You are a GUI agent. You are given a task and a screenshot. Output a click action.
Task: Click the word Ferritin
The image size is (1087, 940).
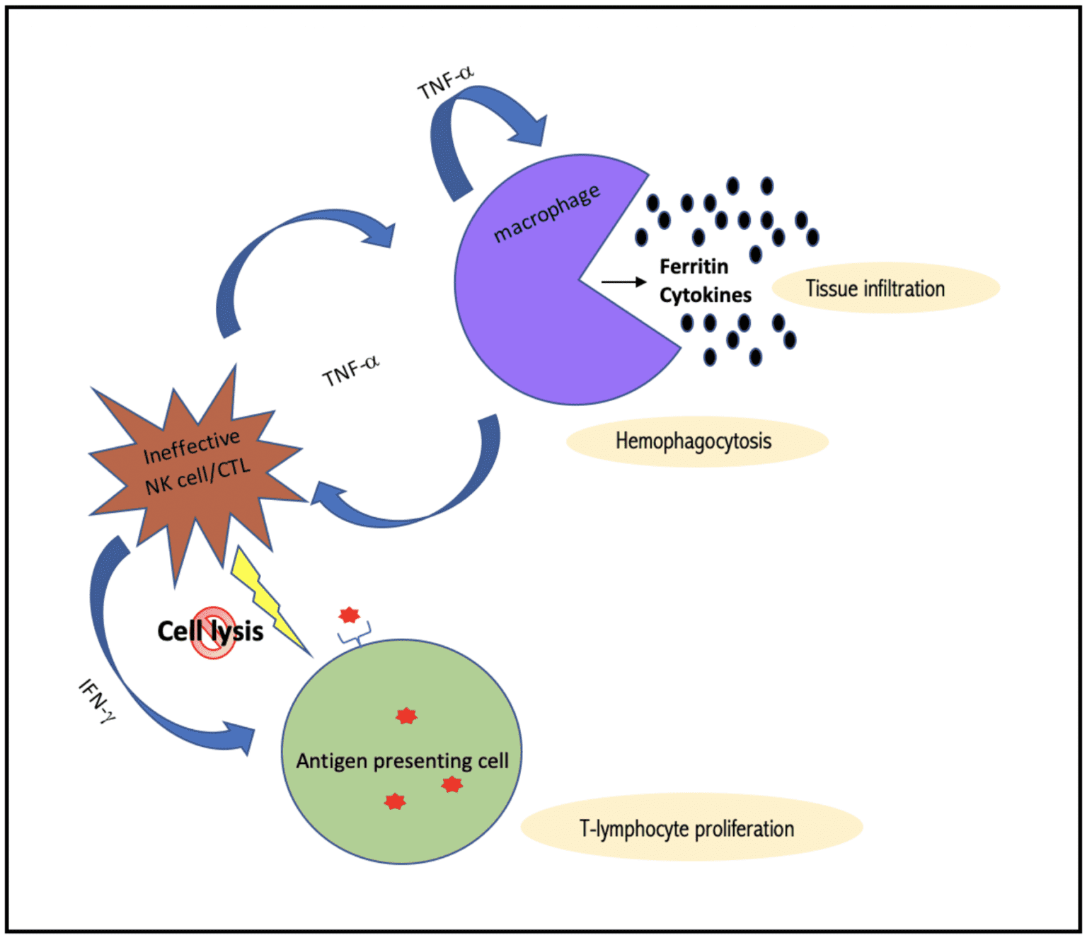click(x=694, y=267)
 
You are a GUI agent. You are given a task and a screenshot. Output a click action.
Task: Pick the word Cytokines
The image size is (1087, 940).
click(x=705, y=295)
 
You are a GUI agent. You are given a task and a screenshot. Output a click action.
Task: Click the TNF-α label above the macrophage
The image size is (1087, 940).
click(x=445, y=83)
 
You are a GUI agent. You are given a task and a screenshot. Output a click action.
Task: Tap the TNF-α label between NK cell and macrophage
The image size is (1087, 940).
click(x=351, y=371)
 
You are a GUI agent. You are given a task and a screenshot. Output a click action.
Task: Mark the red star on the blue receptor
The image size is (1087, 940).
click(x=349, y=615)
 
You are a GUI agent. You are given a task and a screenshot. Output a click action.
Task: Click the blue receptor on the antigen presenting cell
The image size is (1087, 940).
click(x=355, y=636)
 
